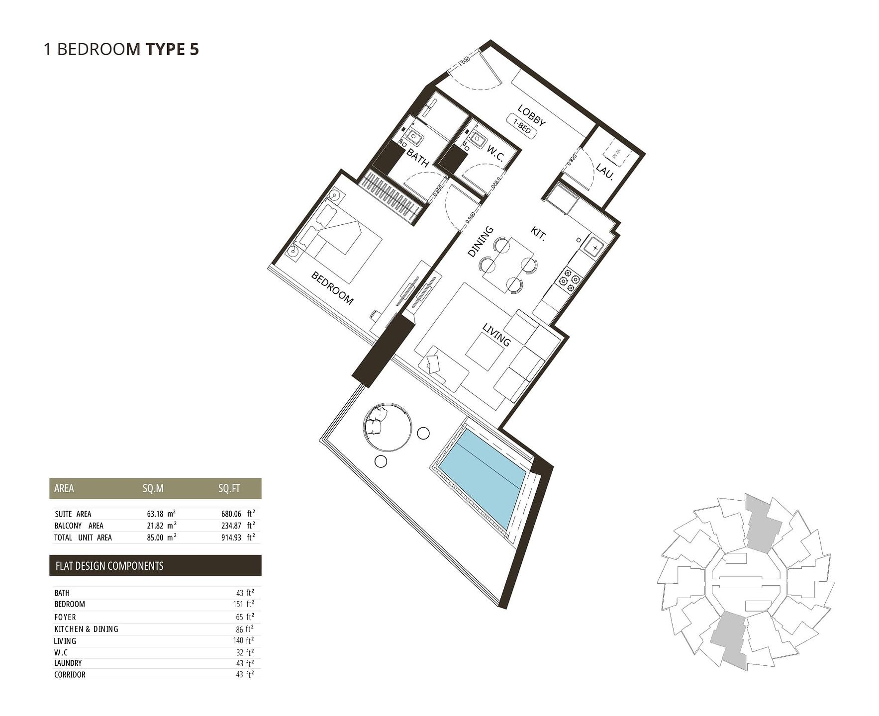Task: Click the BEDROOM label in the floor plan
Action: pos(332,288)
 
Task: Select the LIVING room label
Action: pos(496,335)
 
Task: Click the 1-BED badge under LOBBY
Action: pos(522,126)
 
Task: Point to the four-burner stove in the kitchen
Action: pos(569,280)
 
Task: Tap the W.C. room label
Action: pos(495,154)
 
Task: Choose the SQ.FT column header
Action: pos(229,488)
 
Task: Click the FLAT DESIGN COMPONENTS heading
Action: pos(109,566)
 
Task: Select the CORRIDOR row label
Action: pos(70,675)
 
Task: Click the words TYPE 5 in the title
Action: pos(172,49)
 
